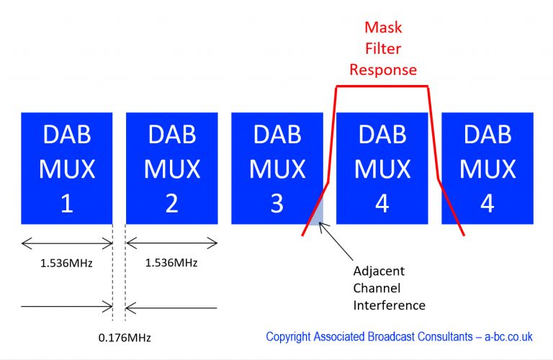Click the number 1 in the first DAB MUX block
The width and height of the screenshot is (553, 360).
(x=66, y=204)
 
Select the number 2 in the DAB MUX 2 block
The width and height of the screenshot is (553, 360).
(x=171, y=204)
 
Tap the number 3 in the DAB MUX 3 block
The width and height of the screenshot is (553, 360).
(x=276, y=204)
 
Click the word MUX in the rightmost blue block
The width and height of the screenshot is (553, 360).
(x=487, y=168)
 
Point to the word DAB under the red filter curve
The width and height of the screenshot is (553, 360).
(x=382, y=134)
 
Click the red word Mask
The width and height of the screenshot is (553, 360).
(x=382, y=28)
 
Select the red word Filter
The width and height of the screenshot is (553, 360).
(x=382, y=49)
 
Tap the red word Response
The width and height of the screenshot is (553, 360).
(x=382, y=70)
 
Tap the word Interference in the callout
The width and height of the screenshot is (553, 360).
(x=389, y=305)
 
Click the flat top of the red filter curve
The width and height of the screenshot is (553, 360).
(x=382, y=86)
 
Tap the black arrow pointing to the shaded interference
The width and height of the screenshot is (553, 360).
(x=337, y=245)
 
